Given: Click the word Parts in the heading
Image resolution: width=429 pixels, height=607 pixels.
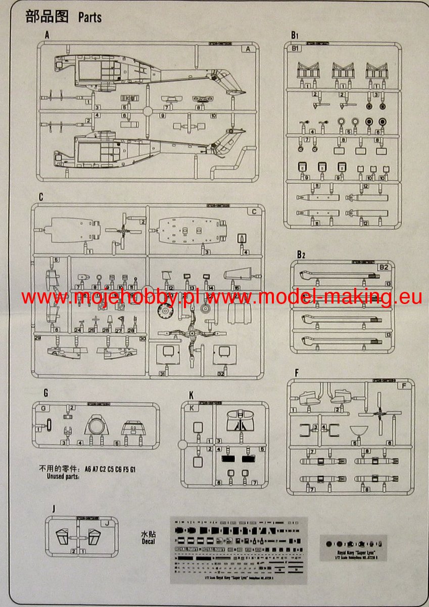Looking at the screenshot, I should click(89, 17).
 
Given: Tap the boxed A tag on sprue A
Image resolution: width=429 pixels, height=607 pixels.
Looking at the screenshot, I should click(248, 49).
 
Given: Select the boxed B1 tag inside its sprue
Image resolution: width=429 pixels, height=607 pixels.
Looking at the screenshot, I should click(297, 49).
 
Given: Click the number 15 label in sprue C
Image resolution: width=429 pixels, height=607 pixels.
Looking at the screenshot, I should click(237, 288).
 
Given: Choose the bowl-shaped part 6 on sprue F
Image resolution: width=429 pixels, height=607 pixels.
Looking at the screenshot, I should click(358, 431).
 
